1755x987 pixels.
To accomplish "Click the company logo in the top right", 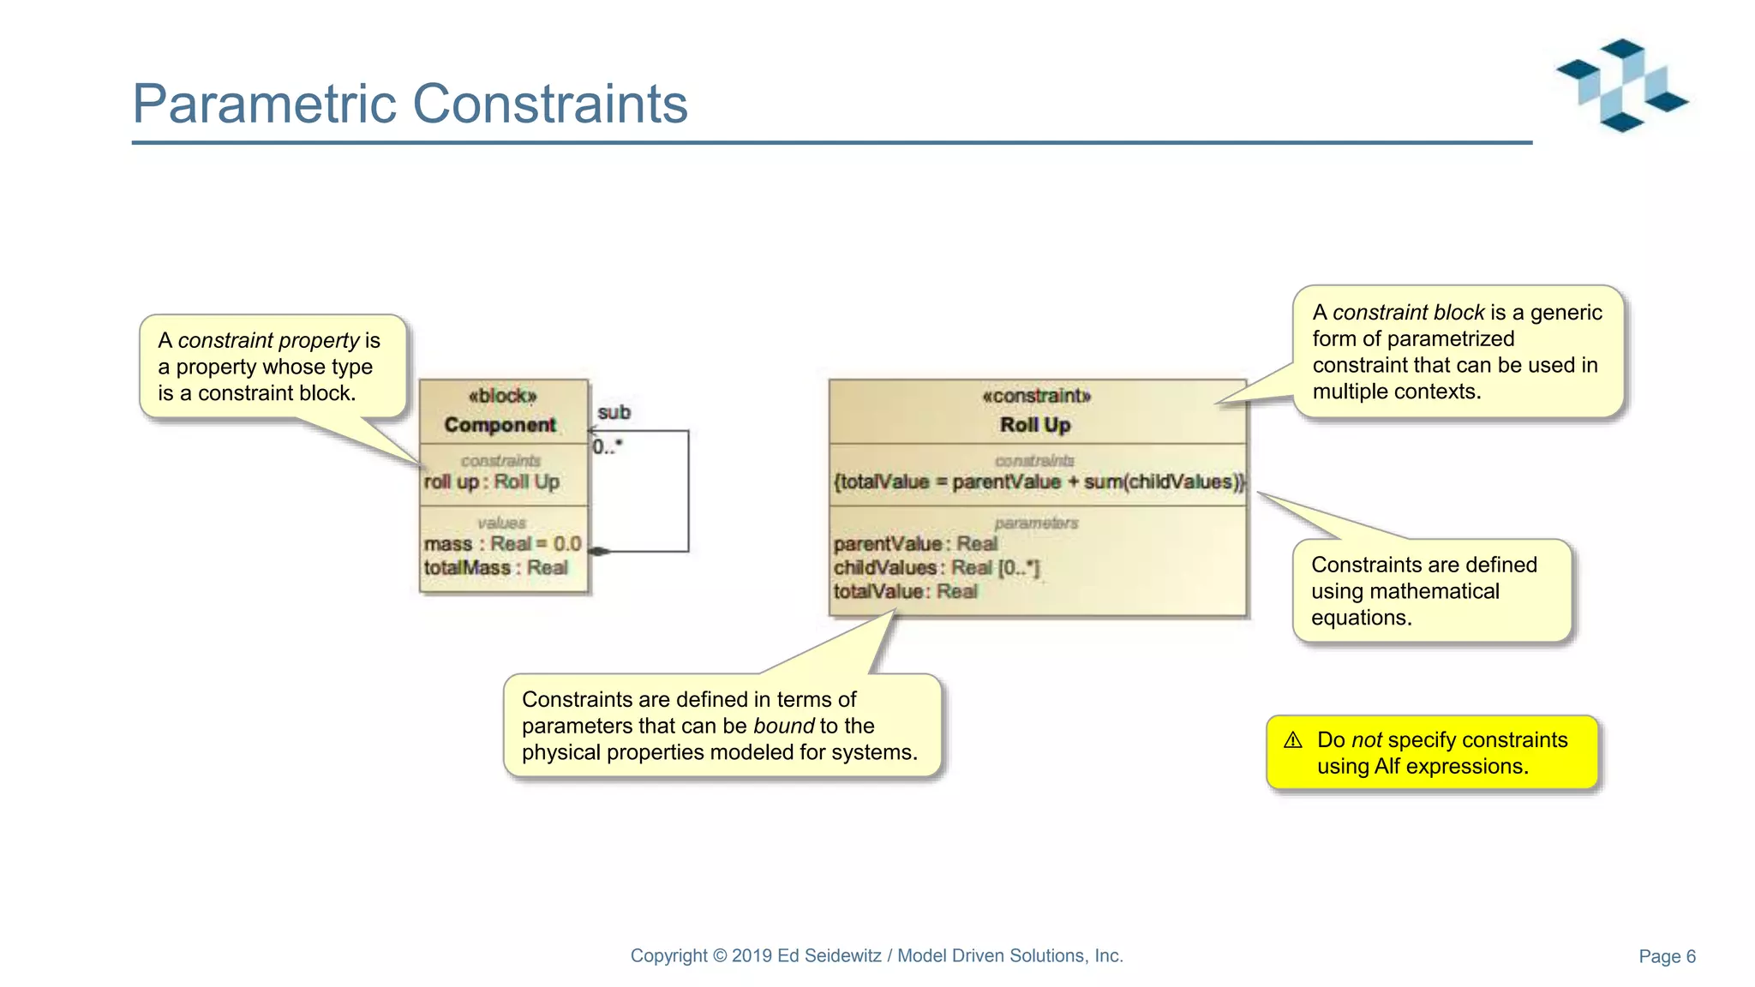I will click(1622, 86).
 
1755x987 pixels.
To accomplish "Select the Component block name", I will click(500, 425).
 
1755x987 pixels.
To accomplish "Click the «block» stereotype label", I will click(502, 396).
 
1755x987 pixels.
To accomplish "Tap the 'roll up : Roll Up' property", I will click(492, 482).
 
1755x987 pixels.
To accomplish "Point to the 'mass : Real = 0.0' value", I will click(502, 544).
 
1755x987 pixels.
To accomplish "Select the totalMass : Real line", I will click(495, 568).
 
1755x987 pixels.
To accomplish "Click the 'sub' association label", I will click(614, 412).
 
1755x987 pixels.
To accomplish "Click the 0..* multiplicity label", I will click(608, 446).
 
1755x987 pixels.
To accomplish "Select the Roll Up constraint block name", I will click(1035, 425).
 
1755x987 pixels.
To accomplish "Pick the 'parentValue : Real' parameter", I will click(915, 544).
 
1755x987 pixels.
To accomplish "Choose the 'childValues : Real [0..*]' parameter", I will click(936, 568).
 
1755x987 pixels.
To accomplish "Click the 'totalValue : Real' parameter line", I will click(905, 591).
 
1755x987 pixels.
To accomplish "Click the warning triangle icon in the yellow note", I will click(1293, 740).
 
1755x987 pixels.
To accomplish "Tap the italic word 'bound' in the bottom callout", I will click(783, 726).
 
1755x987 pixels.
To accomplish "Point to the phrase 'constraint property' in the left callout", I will click(268, 340).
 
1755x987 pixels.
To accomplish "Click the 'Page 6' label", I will click(1667, 956).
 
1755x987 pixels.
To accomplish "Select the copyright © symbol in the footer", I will click(720, 955).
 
